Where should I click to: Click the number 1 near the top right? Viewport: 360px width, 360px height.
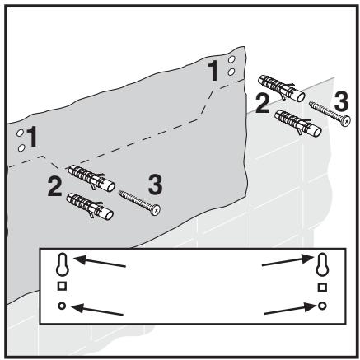215,72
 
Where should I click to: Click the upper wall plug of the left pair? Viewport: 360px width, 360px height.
91,175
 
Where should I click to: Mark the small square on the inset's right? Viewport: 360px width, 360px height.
322,288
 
